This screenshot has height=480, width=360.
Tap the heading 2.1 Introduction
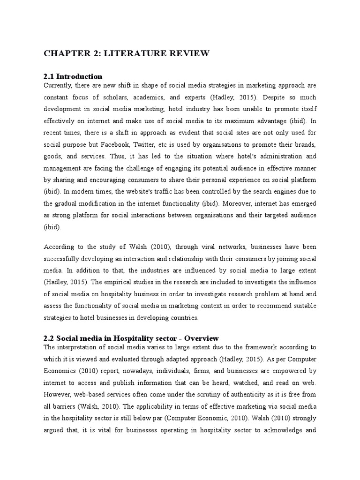coord(73,76)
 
